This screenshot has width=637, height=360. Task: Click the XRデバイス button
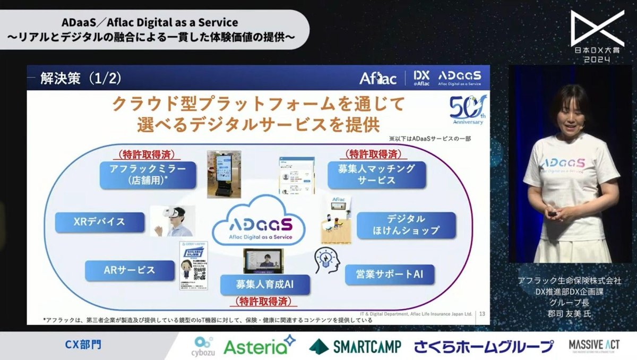100,222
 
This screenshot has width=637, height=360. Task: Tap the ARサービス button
130,270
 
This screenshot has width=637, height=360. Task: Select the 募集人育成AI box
265,284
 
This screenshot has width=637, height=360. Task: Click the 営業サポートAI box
390,275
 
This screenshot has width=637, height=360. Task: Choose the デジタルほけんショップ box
406,226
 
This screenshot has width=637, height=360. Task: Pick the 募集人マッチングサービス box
376,175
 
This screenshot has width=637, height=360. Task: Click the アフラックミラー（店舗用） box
148,175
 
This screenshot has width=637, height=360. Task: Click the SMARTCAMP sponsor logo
355,347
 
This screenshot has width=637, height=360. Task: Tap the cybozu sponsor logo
204,346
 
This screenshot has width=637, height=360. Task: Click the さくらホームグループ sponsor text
483,347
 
